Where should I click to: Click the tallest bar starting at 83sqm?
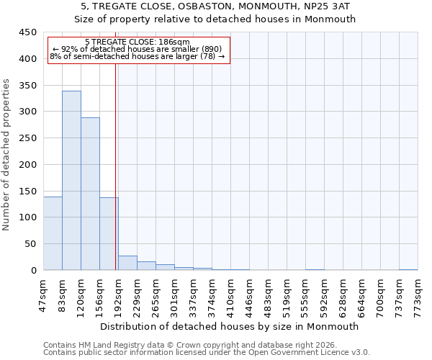(x=71, y=180)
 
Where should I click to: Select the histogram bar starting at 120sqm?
(x=90, y=194)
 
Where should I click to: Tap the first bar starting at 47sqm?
(x=53, y=233)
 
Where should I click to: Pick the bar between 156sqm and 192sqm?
(x=109, y=234)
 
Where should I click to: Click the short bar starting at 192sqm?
(x=127, y=263)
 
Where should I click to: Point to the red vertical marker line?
(x=116, y=166)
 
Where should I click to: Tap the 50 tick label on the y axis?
(x=30, y=244)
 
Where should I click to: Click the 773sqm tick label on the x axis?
(x=418, y=294)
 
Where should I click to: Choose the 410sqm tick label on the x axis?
(x=230, y=294)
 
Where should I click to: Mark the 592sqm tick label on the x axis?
(x=324, y=294)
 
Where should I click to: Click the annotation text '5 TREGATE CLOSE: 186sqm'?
(x=137, y=42)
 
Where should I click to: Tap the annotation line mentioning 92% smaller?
(x=137, y=49)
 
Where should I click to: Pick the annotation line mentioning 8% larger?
(x=137, y=56)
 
